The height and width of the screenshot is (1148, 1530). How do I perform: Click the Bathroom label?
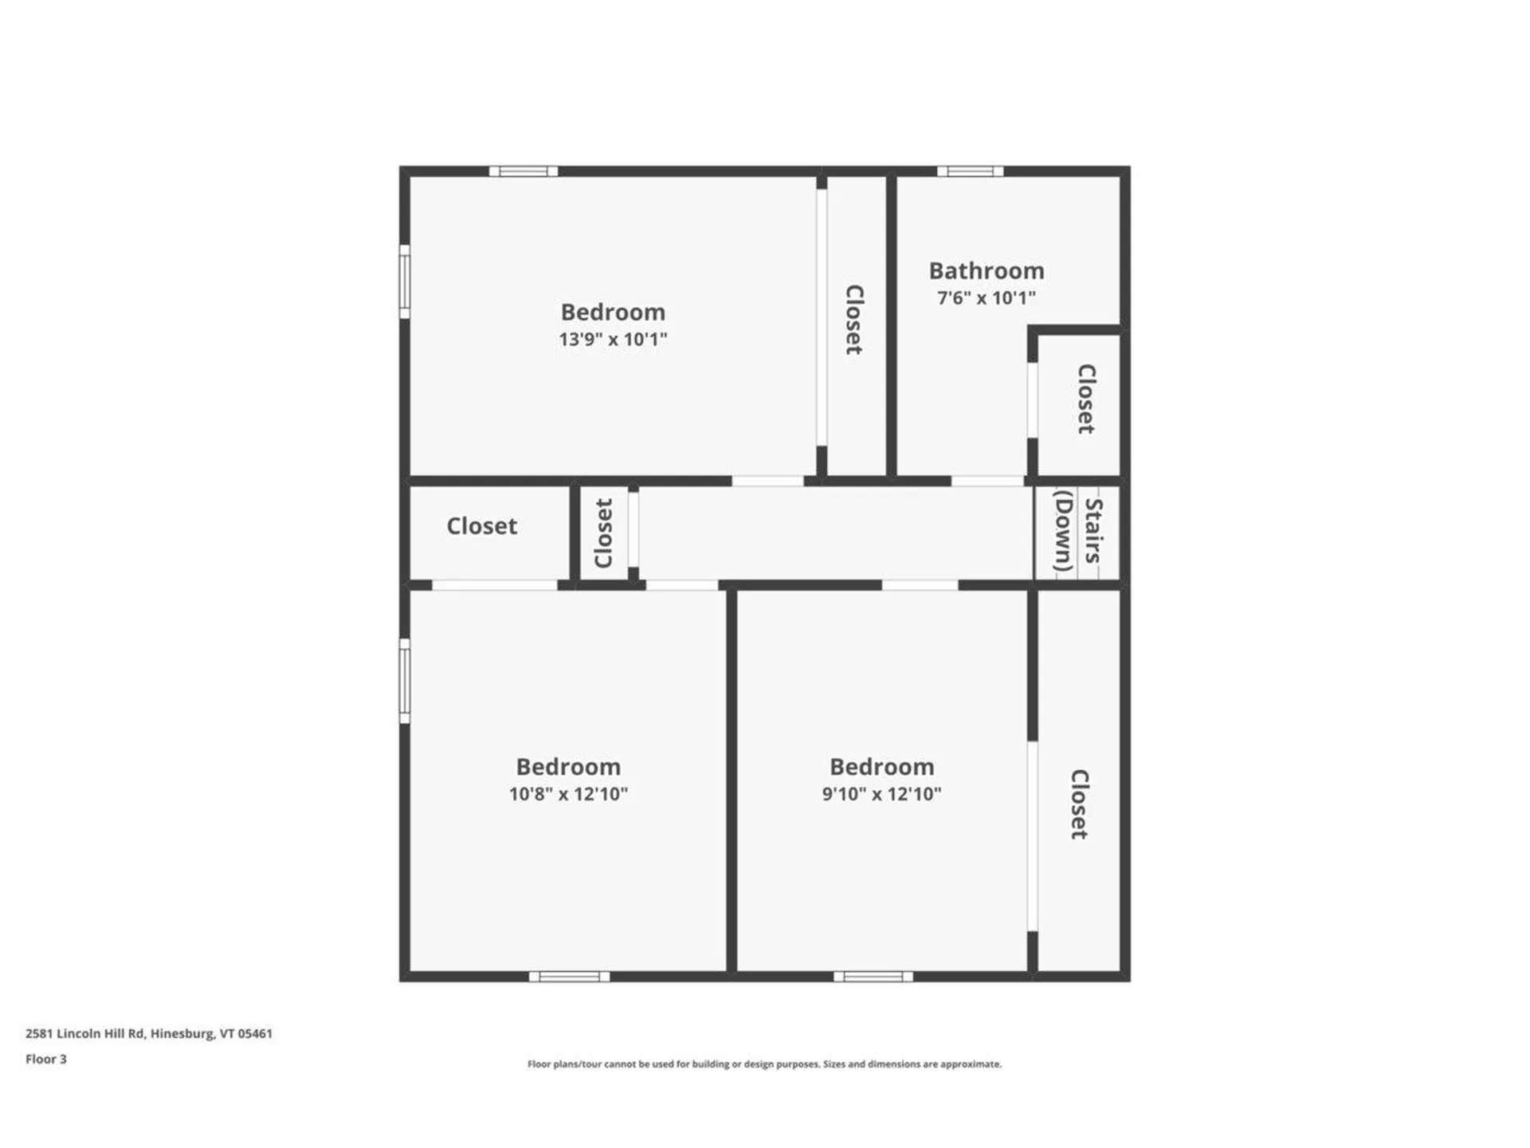[x=986, y=271]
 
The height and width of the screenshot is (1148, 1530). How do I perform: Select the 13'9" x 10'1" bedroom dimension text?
[x=612, y=340]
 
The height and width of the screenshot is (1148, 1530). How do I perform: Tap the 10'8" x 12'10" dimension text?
[x=568, y=794]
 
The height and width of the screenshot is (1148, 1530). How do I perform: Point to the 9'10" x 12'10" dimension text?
[x=881, y=794]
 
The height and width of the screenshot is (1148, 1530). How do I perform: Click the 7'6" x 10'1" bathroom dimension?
[x=986, y=298]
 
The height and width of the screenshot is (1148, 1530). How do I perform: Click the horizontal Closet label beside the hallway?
[x=481, y=526]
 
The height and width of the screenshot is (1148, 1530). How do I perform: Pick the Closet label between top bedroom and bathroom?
[x=853, y=320]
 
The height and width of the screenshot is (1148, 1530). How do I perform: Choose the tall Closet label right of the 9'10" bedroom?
[x=1078, y=804]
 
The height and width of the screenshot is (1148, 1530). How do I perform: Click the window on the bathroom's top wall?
[x=970, y=171]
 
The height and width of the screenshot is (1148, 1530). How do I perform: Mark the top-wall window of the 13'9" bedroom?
[x=523, y=171]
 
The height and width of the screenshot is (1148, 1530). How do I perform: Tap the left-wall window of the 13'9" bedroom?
[x=405, y=281]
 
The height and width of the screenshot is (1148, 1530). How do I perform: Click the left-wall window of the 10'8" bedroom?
[x=405, y=681]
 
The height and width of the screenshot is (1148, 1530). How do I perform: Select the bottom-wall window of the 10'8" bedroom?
[x=569, y=977]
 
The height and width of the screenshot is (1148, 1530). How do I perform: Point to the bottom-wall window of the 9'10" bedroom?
[x=873, y=977]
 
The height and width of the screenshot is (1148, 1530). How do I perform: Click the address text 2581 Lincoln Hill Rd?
[x=149, y=1033]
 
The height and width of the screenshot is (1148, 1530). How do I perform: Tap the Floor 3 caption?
[x=46, y=1059]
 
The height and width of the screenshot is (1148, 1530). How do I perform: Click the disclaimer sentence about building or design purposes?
[x=764, y=1064]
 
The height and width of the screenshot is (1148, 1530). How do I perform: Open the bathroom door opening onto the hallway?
[x=987, y=481]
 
